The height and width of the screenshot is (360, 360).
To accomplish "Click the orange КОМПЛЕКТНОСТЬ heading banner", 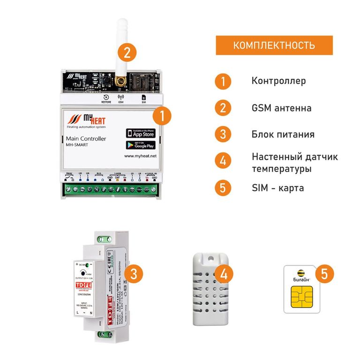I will pyautogui.click(x=274, y=45).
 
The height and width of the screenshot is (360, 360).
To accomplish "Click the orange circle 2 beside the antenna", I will pyautogui.click(x=127, y=51).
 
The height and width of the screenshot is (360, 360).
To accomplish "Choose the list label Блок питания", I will pyautogui.click(x=283, y=135).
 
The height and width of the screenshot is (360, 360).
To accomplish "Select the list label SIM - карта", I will pyautogui.click(x=277, y=188).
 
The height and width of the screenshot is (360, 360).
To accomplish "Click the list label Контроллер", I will pyautogui.click(x=278, y=81).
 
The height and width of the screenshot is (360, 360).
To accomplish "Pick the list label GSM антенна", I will pyautogui.click(x=281, y=108).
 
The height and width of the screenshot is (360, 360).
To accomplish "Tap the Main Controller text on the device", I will pyautogui.click(x=83, y=139).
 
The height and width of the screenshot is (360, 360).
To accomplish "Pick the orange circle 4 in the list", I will pyautogui.click(x=223, y=161).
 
